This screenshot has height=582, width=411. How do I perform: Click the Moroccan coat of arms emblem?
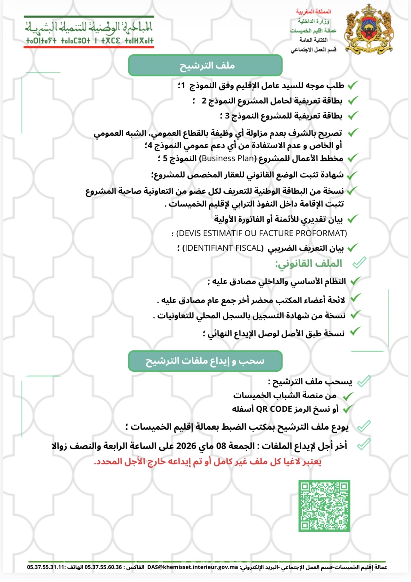(x=369, y=29)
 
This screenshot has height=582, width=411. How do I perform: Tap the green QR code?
(x=324, y=505)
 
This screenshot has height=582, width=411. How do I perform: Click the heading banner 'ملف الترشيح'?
(x=205, y=65)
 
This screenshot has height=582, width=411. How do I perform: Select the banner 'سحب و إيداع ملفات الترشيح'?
(x=205, y=361)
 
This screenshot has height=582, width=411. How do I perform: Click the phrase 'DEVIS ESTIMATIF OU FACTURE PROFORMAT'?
(x=261, y=233)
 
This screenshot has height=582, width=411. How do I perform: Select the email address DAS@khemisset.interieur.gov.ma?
(x=193, y=567)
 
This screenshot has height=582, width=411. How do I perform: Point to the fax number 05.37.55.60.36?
(x=103, y=567)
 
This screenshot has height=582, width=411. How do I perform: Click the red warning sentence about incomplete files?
(x=208, y=462)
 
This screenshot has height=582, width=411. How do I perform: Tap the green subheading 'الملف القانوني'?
(x=309, y=263)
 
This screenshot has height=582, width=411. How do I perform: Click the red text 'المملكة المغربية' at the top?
(x=313, y=12)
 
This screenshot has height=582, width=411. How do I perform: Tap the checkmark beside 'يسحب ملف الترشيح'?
(x=364, y=381)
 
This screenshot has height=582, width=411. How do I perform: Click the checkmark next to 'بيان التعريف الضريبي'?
(x=352, y=248)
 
